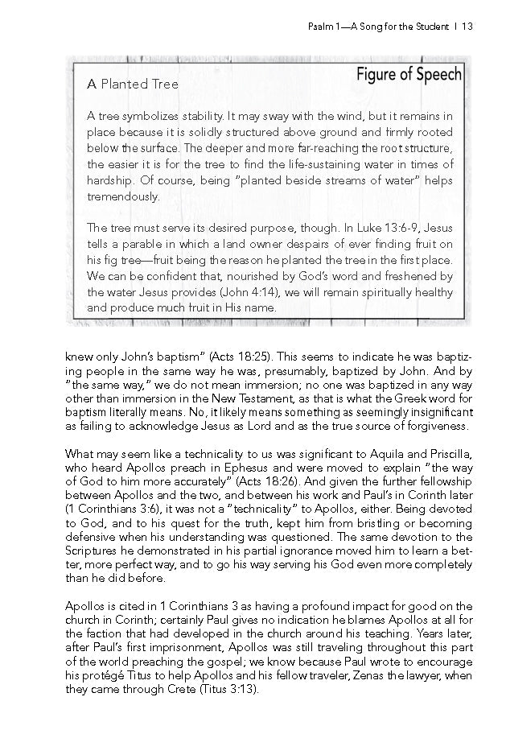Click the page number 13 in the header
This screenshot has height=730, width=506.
pyautogui.click(x=466, y=27)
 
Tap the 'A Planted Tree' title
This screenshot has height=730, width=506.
pyautogui.click(x=133, y=84)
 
